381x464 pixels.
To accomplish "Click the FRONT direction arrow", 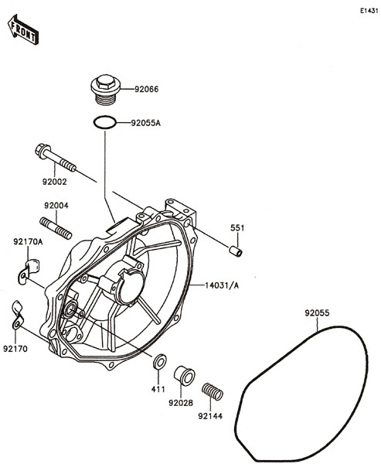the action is tap(23, 29).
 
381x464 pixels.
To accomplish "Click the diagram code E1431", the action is tap(369, 11).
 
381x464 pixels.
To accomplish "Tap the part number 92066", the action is tap(146, 89).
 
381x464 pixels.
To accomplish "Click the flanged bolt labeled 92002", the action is tap(56, 158).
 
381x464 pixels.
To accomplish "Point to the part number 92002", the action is tap(54, 182).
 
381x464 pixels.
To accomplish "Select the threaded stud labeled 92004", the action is tap(56, 228).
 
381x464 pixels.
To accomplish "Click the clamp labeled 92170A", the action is tap(28, 271).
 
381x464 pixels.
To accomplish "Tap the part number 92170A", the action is tap(28, 242).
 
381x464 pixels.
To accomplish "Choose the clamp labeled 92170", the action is tap(18, 316).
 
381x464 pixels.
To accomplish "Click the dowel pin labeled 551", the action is tap(236, 251).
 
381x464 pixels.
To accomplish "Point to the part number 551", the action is tap(237, 228).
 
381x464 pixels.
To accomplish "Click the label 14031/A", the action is tap(222, 285).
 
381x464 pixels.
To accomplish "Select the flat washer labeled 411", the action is tap(159, 361).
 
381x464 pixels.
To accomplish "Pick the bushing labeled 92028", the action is tap(184, 376).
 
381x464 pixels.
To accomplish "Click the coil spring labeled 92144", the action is tap(212, 392).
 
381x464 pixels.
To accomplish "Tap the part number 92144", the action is tap(210, 416).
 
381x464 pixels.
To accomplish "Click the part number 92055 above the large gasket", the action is tap(317, 312).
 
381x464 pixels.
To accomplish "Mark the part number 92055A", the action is tap(146, 123).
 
